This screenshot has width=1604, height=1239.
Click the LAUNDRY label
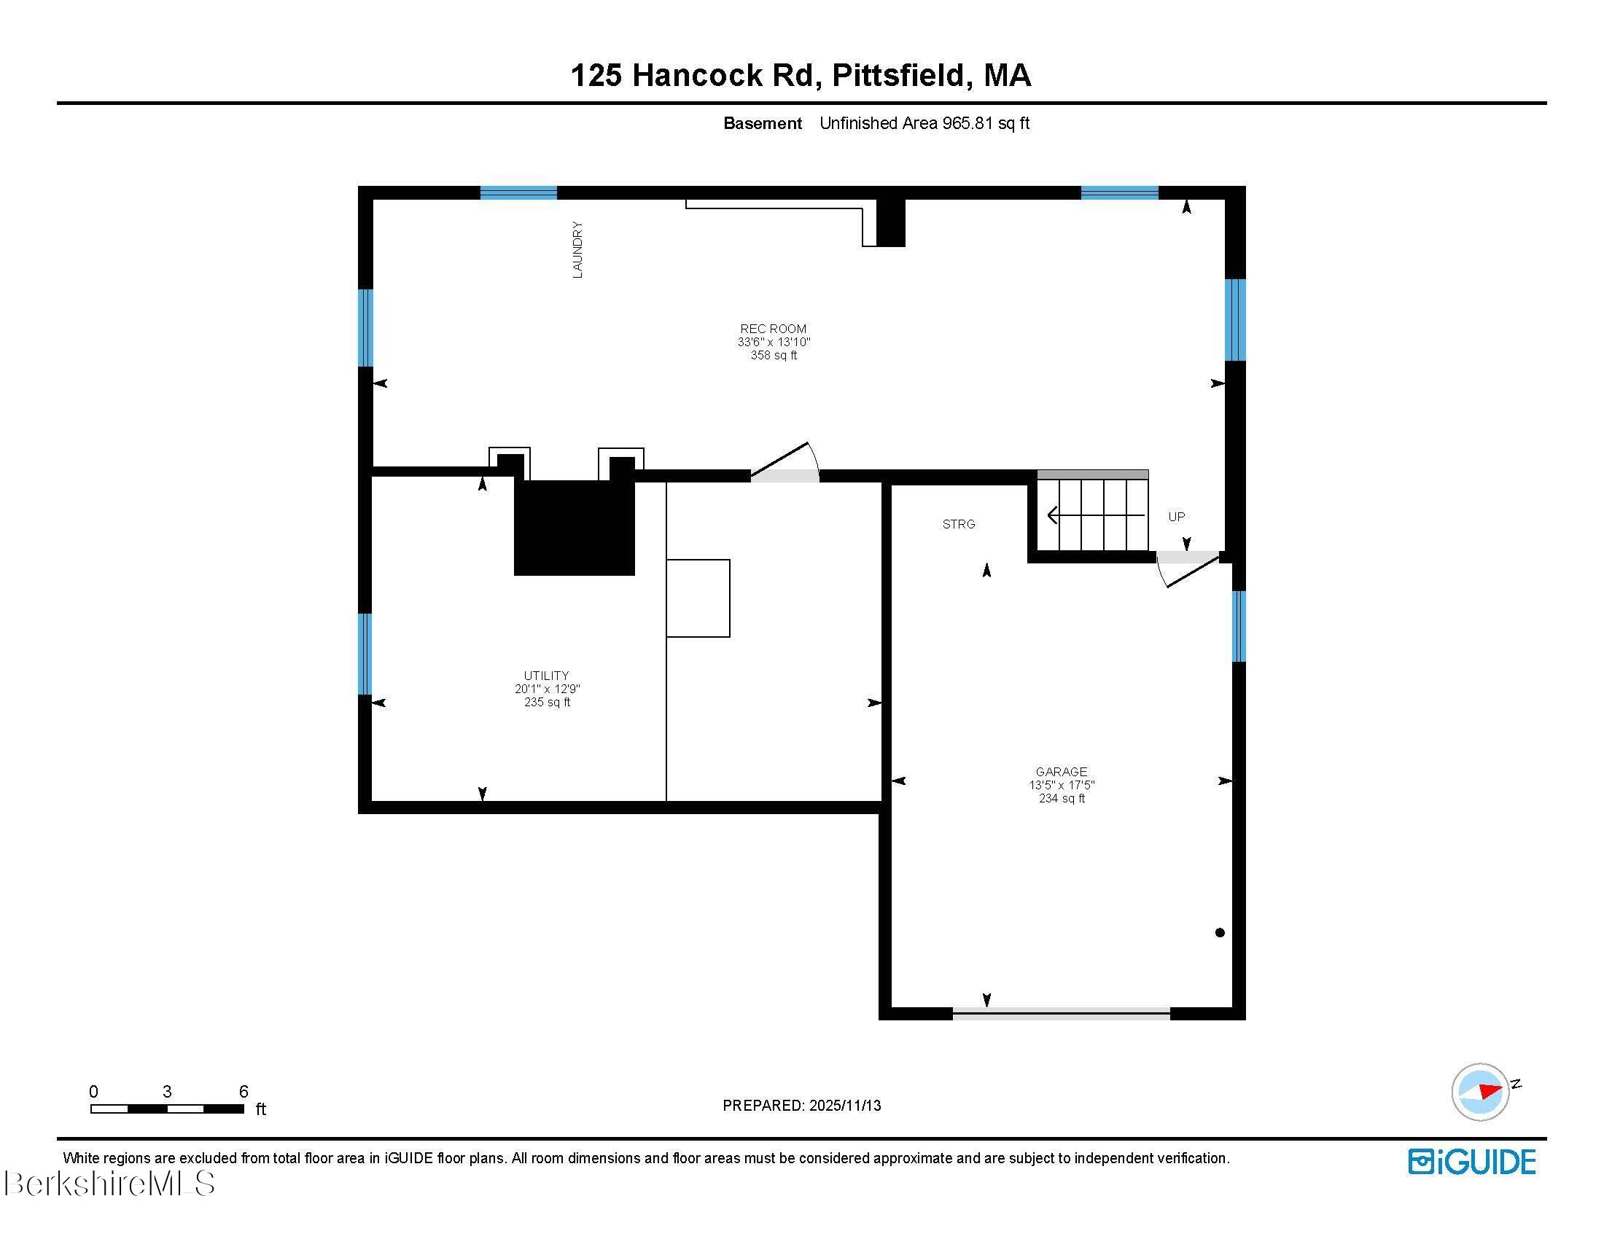[x=577, y=249]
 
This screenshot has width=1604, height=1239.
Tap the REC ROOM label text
[x=773, y=329]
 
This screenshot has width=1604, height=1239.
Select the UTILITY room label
[x=545, y=676]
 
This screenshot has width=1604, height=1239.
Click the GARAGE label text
[x=1061, y=771]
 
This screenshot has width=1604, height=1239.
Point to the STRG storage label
[x=959, y=524]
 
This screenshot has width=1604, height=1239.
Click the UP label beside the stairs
[x=1176, y=517]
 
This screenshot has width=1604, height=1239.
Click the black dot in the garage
[x=1219, y=933]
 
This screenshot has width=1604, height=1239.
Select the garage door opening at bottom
[x=1061, y=1014]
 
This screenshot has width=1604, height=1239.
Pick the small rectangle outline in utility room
[x=698, y=598]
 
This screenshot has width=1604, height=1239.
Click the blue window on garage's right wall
[x=1238, y=626]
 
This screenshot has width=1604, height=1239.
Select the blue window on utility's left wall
[x=365, y=654]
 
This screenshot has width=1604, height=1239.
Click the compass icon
[x=1480, y=1092]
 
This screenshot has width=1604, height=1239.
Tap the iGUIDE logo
[x=1471, y=1161]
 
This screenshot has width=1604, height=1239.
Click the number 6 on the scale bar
[x=243, y=1091]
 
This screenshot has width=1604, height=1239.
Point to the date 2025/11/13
[x=844, y=1105]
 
